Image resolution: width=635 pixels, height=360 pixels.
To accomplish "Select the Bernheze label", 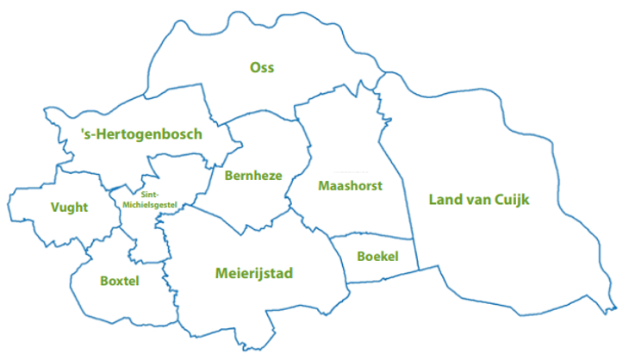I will [x=253, y=176].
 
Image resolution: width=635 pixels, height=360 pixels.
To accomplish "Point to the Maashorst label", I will [x=350, y=186].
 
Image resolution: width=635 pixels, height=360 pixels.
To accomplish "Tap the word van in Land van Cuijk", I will [x=479, y=201].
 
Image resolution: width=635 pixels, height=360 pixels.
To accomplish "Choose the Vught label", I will [x=69, y=208].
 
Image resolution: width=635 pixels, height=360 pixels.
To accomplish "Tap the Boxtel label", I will [x=119, y=281].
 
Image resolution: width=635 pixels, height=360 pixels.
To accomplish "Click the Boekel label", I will [x=377, y=256].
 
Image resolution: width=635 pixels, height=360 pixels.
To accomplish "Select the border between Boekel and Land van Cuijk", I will [x=415, y=254].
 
